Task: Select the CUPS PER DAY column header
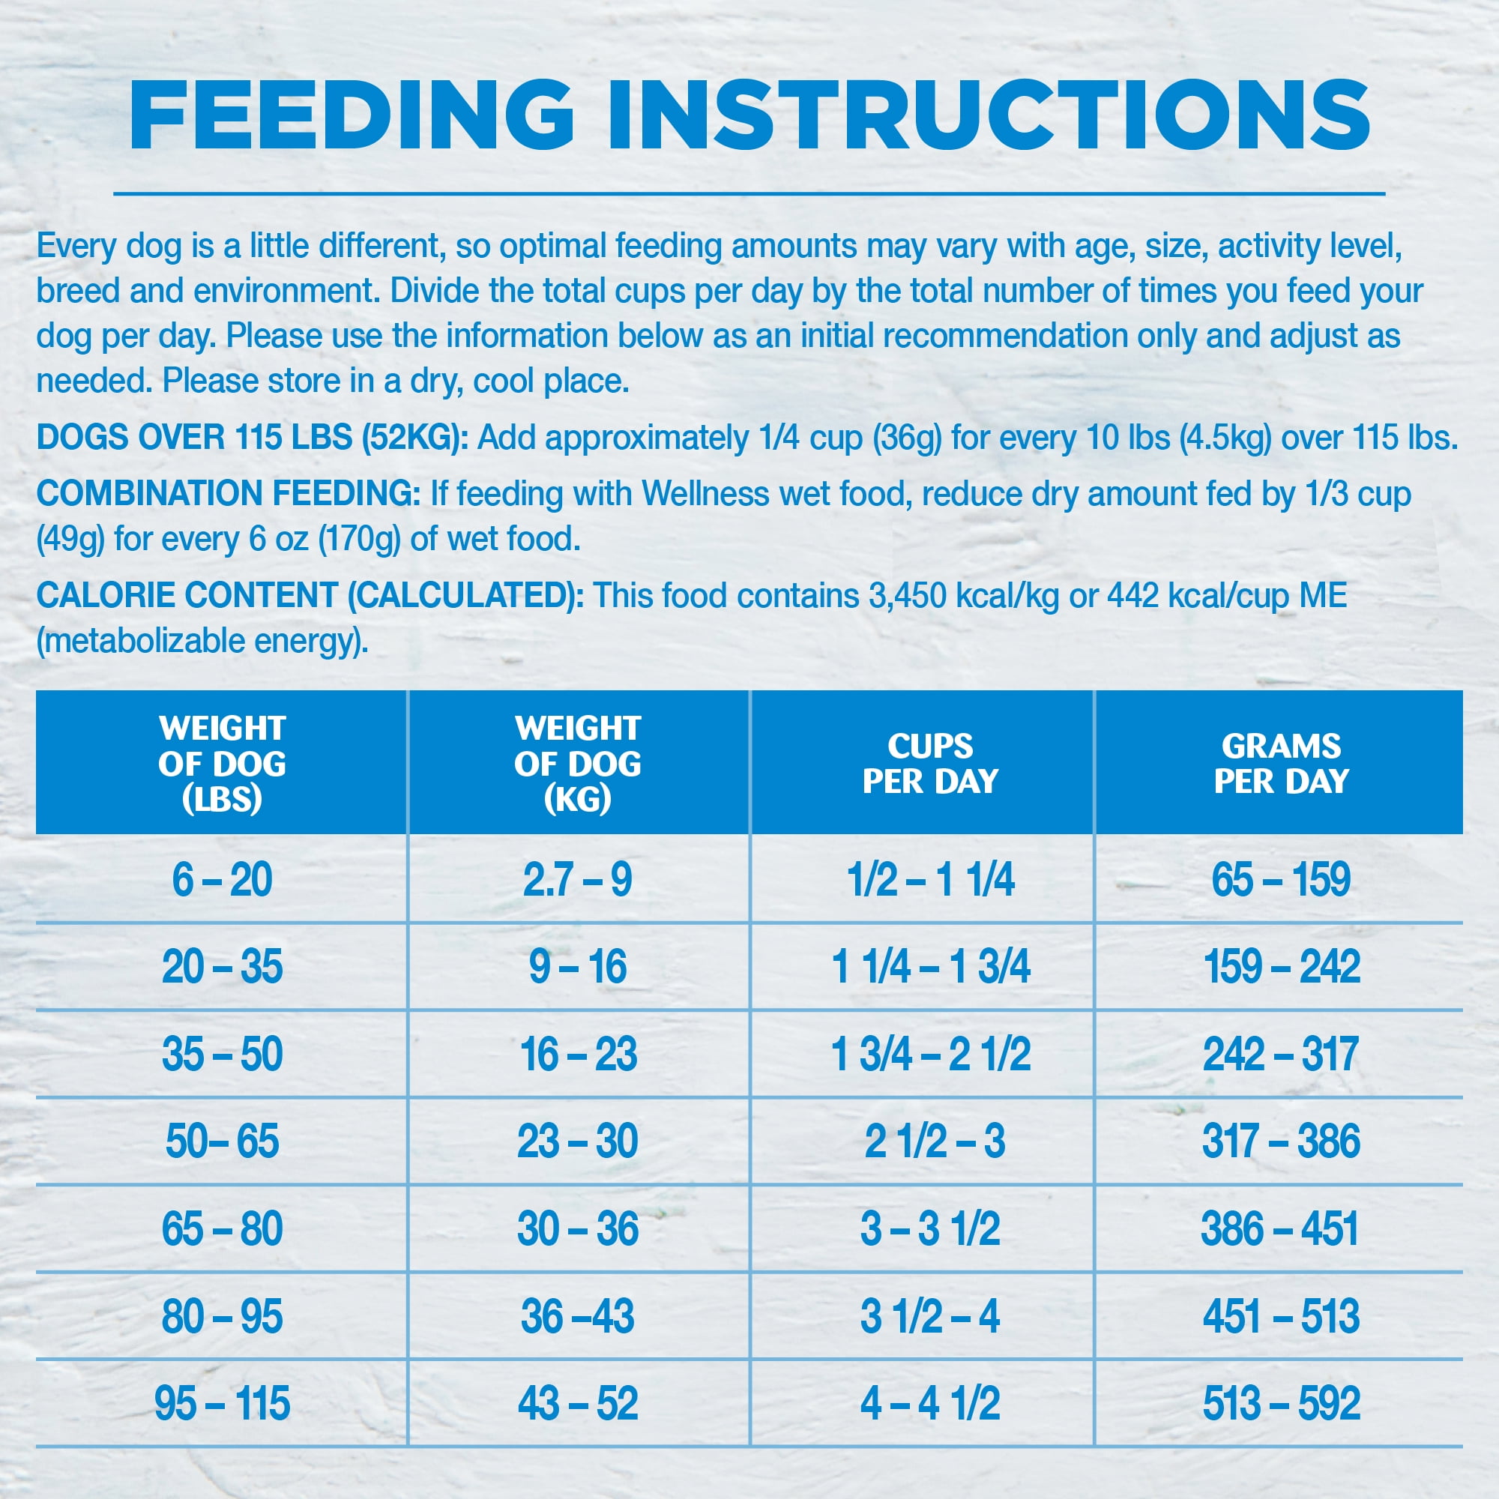pyautogui.click(x=930, y=764)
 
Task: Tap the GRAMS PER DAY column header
pyautogui.click(x=1281, y=764)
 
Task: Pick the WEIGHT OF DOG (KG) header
pyautogui.click(x=578, y=764)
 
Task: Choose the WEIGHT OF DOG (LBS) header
pyautogui.click(x=222, y=764)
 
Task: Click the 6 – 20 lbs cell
pyautogui.click(x=222, y=880)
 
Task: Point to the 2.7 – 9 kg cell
pyautogui.click(x=578, y=880)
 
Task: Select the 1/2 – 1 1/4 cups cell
pyautogui.click(x=930, y=880)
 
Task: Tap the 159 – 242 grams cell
pyautogui.click(x=1281, y=967)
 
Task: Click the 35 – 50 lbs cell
pyautogui.click(x=222, y=1055)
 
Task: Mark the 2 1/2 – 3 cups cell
pyautogui.click(x=934, y=1141)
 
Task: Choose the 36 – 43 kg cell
pyautogui.click(x=578, y=1317)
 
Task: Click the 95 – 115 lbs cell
pyautogui.click(x=222, y=1404)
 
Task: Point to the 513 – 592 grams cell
pyautogui.click(x=1281, y=1404)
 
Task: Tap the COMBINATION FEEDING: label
pyautogui.click(x=228, y=494)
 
